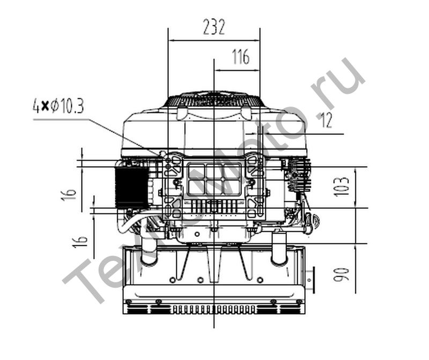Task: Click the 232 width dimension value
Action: [214, 27]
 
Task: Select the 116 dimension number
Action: [241, 57]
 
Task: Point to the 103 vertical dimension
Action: [342, 187]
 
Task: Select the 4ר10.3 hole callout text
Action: [58, 106]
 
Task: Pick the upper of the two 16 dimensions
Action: [69, 194]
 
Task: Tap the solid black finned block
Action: [131, 187]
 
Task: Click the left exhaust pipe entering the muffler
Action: [149, 250]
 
